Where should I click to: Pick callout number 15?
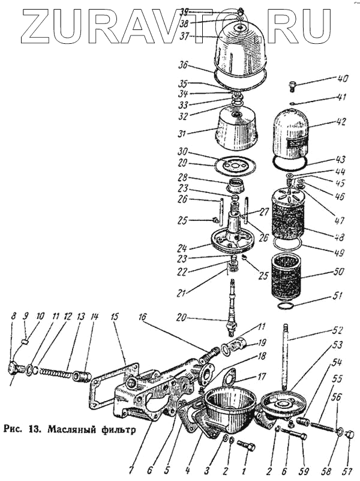(114, 315)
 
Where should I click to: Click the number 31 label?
(183, 133)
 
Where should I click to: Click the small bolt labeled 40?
(293, 86)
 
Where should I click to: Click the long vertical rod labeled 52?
(289, 360)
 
